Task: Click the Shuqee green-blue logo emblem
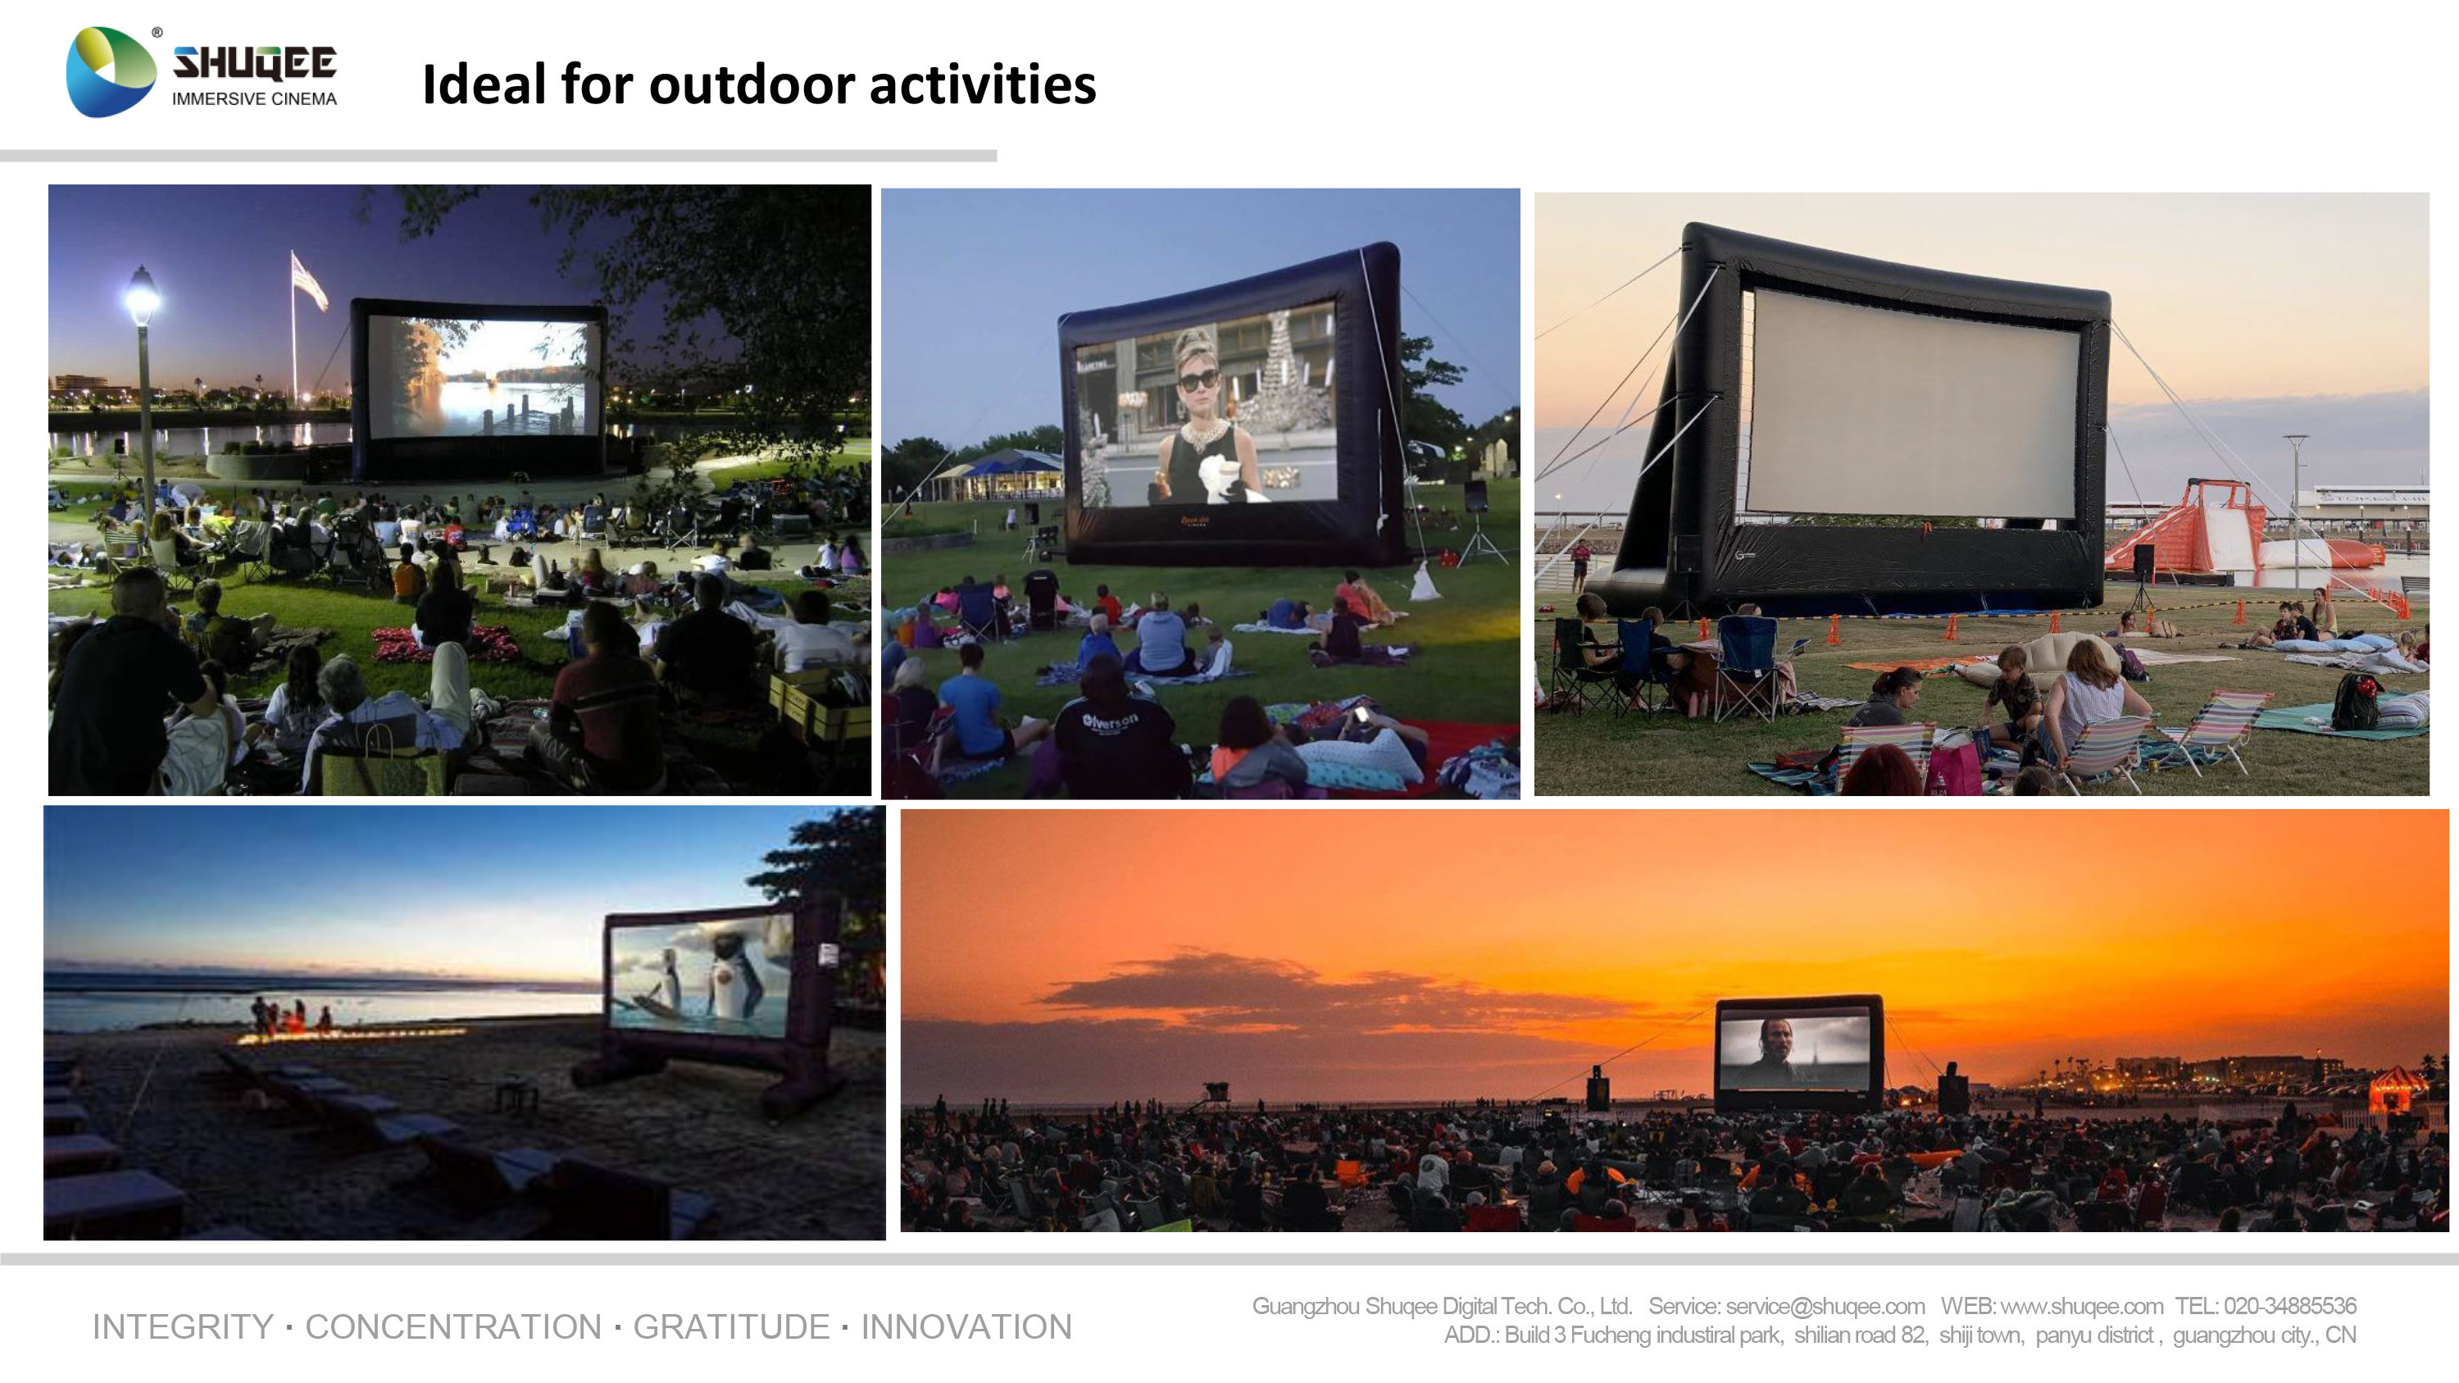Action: pos(110,72)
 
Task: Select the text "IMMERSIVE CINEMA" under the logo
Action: pos(254,99)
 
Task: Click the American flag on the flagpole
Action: pos(308,280)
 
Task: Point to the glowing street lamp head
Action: pos(143,296)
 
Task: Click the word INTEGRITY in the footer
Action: pos(182,1326)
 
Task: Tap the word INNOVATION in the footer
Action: pos(966,1326)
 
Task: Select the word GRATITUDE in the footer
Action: pos(731,1326)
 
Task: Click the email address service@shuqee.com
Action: pos(1825,1306)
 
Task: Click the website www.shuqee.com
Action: pos(2081,1306)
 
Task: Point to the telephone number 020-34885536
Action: pos(2289,1306)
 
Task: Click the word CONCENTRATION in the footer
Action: pos(453,1326)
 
